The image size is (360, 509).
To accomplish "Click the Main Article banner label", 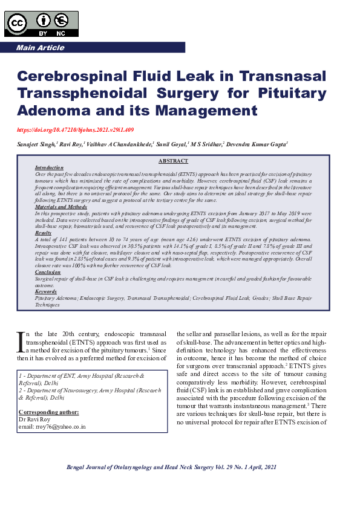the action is [40, 48].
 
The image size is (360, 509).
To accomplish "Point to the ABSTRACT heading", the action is [173, 161].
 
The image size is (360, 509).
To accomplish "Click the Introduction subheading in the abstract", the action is [49, 167].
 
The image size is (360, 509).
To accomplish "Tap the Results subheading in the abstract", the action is [43, 233].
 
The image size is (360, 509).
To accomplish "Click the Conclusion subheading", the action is [48, 273].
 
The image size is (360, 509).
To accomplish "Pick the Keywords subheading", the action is [46, 292].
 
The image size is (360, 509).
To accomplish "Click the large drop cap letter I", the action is [20, 342].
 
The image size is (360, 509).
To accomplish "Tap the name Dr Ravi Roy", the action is [36, 419].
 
